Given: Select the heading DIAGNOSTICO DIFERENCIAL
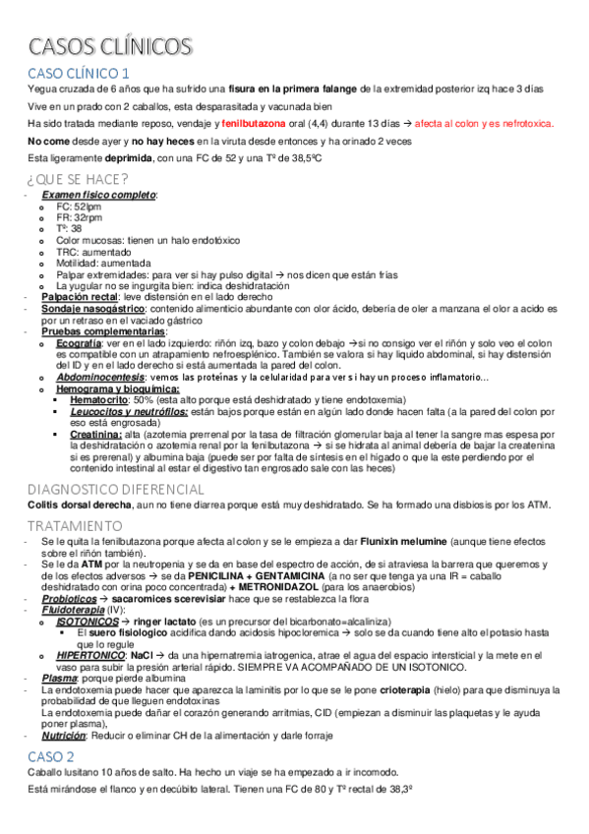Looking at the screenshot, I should click(x=116, y=489).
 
